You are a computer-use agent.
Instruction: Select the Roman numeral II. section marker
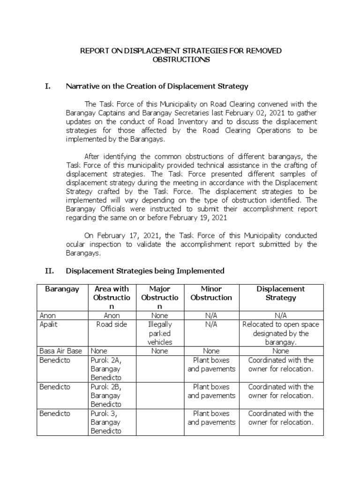click(x=50, y=271)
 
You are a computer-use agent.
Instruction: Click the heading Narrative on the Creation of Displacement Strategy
click(x=157, y=86)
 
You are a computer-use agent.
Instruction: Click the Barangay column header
click(x=62, y=289)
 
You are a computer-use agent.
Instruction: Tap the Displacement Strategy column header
click(x=280, y=293)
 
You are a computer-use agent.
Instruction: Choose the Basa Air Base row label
click(x=61, y=351)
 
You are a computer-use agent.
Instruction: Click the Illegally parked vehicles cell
click(x=160, y=333)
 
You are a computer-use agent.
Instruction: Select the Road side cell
click(x=112, y=324)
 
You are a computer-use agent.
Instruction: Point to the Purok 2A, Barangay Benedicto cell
click(x=106, y=368)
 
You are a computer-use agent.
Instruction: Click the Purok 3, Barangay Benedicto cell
click(x=106, y=422)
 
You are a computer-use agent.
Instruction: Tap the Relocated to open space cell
click(x=280, y=333)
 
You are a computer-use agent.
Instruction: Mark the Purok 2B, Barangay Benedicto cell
click(x=106, y=395)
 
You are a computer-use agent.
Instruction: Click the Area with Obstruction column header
click(x=112, y=297)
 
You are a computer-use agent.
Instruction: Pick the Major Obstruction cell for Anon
click(x=160, y=316)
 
